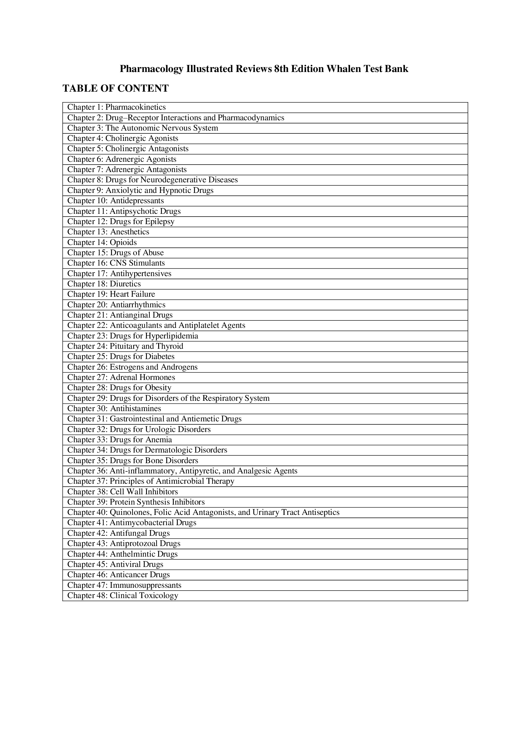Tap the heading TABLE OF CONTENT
point(115,88)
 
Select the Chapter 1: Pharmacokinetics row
point(116,107)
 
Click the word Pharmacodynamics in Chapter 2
point(251,118)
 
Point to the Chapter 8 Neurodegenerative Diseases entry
point(152,180)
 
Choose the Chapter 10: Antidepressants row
point(115,201)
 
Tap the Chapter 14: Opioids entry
point(102,242)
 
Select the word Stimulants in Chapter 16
point(147,263)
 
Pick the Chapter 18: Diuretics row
point(104,284)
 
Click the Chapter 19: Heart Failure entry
point(111,294)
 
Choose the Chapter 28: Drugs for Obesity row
point(119,388)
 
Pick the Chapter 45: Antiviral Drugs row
point(115,564)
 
